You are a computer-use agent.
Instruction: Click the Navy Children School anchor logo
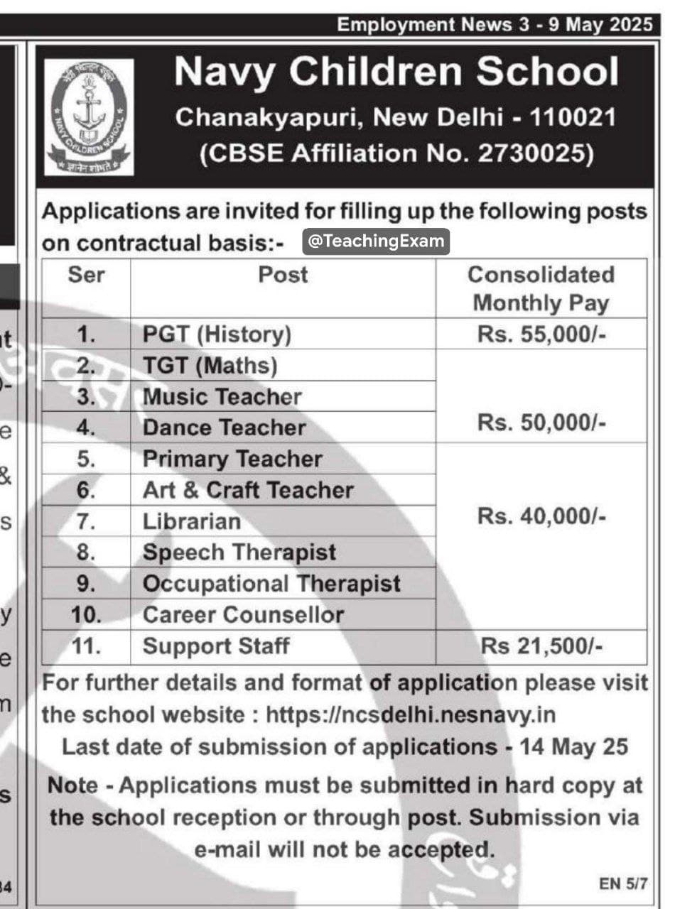point(89,116)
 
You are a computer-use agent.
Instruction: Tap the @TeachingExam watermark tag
point(377,241)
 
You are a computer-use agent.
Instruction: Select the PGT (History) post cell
point(217,334)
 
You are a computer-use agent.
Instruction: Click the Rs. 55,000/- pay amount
point(541,334)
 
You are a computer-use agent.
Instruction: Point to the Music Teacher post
point(222,397)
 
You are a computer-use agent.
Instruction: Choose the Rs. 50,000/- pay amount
point(541,423)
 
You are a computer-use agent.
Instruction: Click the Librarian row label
point(192,521)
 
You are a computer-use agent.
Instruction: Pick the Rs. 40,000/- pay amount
point(541,516)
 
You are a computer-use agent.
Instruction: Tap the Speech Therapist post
point(239,553)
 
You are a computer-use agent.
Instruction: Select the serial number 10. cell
point(87,615)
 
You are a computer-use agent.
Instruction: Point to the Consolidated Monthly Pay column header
point(541,289)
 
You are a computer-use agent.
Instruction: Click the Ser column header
point(86,275)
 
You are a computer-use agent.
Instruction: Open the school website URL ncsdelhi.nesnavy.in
point(411,714)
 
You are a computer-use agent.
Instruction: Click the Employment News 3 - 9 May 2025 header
point(494,25)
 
